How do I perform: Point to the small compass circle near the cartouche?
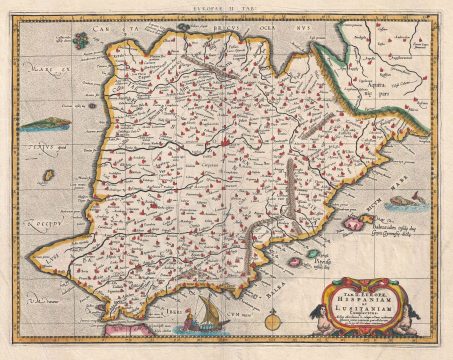click(x=274, y=323)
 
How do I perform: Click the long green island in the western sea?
click(x=44, y=125)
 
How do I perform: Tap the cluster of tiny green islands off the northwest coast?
click(x=78, y=47)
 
